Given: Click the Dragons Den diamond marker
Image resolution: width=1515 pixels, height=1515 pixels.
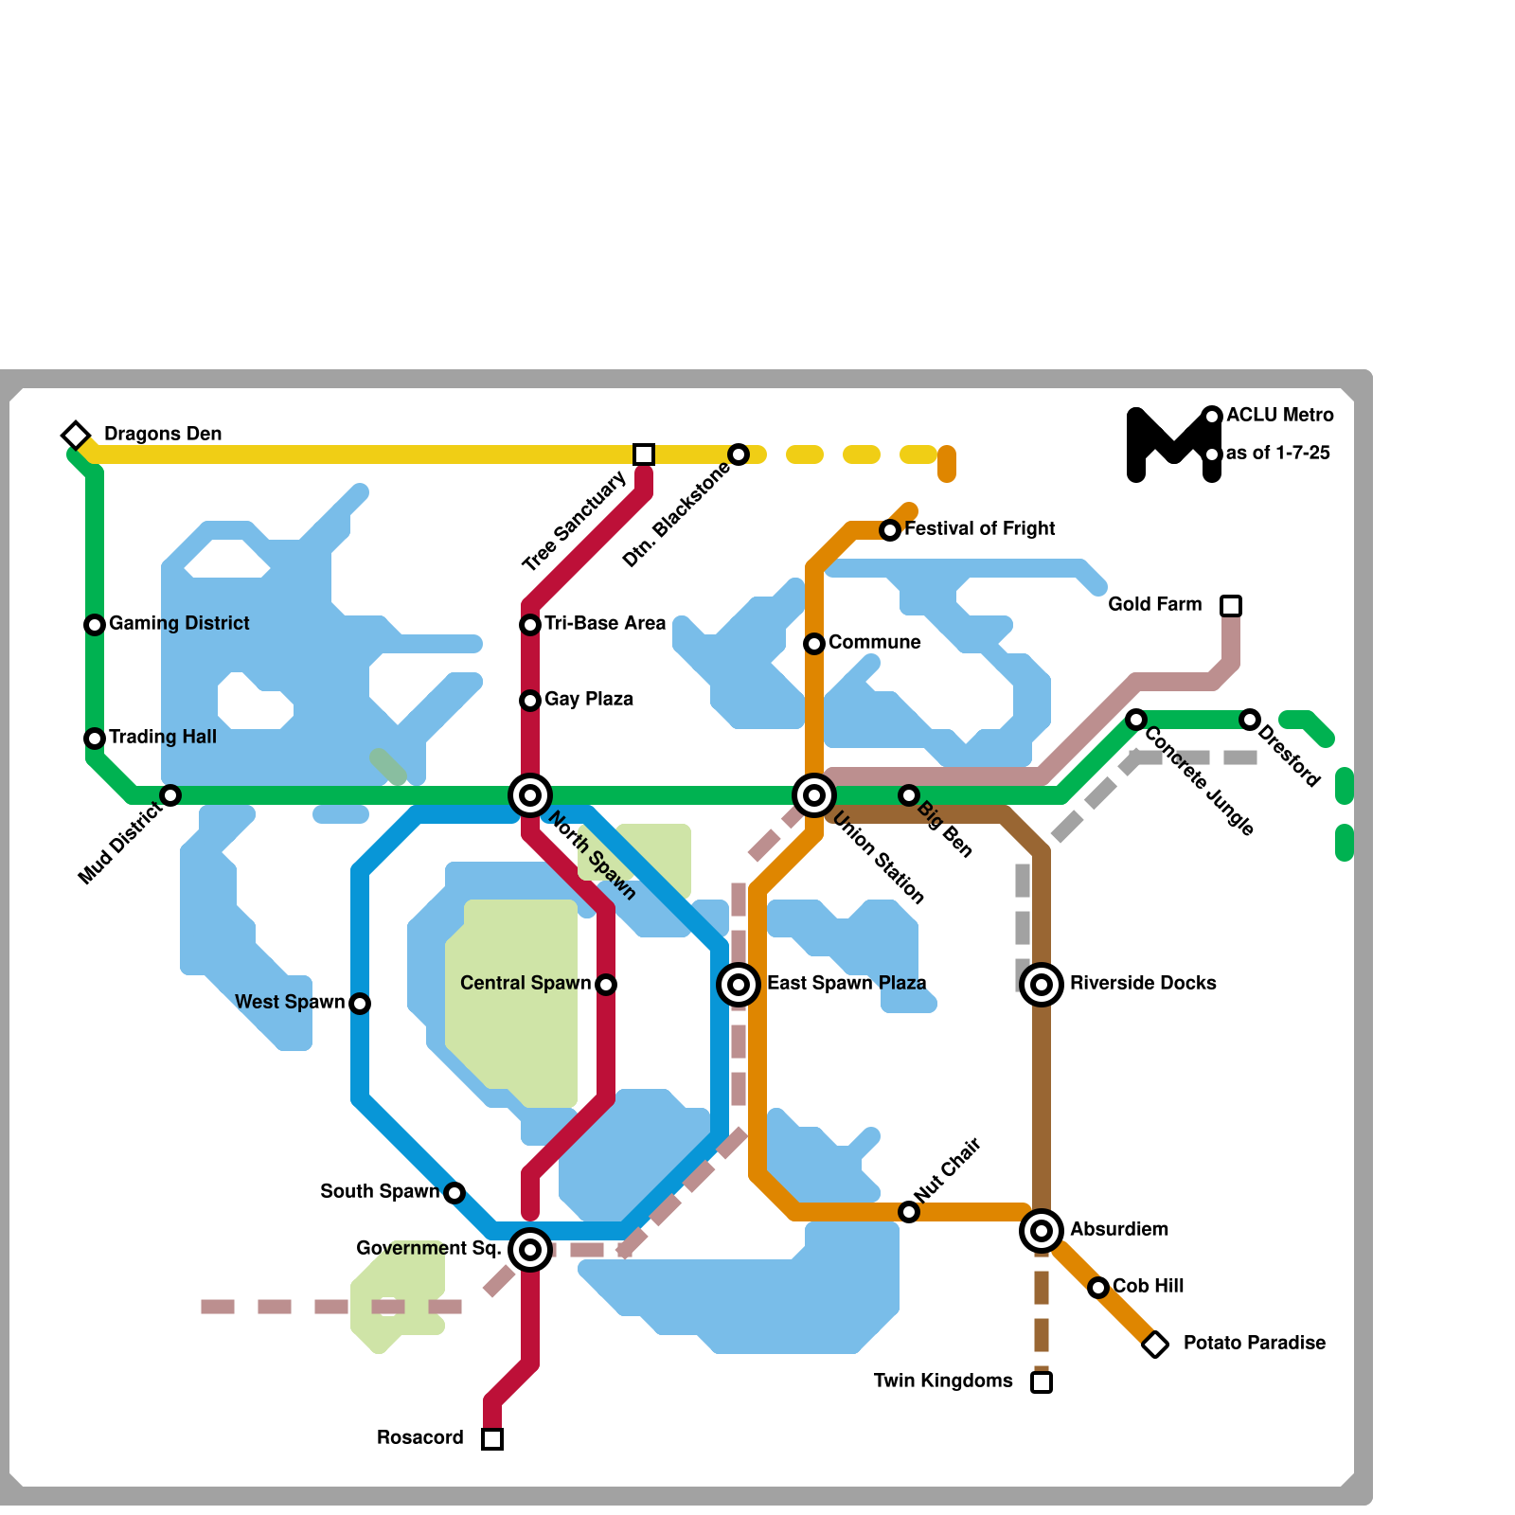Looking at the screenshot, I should [x=76, y=436].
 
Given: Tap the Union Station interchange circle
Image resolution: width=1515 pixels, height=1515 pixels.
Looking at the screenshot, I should [x=814, y=795].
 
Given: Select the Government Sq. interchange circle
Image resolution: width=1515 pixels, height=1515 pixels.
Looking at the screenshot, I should [x=530, y=1250].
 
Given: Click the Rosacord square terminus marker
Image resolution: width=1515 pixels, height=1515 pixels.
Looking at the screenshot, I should [x=492, y=1439].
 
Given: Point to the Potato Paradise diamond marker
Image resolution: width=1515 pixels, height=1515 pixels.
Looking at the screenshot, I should [x=1155, y=1345].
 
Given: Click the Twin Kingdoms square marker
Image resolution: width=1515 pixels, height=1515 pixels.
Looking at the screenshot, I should [x=1042, y=1382].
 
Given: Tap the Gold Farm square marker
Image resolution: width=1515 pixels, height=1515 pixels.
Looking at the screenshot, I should [x=1231, y=606].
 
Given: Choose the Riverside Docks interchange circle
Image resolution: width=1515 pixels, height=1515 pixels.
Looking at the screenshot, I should [x=1042, y=985].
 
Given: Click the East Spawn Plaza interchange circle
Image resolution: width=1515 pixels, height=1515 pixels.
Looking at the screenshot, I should [x=739, y=985].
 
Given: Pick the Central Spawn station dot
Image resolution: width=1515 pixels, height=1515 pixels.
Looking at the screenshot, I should [x=606, y=985].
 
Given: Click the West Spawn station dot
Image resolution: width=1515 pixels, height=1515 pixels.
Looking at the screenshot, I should [x=360, y=1004].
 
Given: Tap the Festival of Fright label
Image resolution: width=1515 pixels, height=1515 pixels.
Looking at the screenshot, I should [x=979, y=528].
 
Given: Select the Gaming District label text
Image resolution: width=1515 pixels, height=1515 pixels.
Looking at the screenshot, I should [x=179, y=623].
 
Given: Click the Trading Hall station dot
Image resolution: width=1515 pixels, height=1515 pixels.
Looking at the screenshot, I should [x=95, y=739].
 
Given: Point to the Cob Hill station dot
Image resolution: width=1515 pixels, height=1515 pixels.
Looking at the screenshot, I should [x=1098, y=1288].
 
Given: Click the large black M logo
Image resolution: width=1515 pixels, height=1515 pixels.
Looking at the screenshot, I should [x=1172, y=445].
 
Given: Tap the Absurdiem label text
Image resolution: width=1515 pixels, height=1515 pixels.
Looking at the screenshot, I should [x=1118, y=1229].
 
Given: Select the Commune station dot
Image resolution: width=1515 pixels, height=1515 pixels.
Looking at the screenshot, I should [x=814, y=644].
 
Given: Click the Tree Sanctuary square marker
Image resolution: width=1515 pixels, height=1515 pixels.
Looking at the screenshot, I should [x=644, y=454].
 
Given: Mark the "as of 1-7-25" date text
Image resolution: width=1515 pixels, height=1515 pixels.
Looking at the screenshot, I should [x=1277, y=453].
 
